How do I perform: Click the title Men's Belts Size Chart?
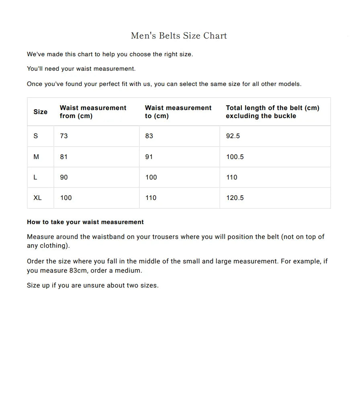tap(179, 36)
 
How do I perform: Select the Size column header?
tap(40, 112)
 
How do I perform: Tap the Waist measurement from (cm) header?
tap(93, 112)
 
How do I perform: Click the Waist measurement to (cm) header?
tap(178, 112)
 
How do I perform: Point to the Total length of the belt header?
tap(272, 112)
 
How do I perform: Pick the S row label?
tap(36, 136)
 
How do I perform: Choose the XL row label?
tap(37, 198)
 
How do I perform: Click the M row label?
tap(36, 157)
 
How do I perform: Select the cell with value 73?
tap(64, 136)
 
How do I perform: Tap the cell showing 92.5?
tap(233, 136)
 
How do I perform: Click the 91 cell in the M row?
tap(149, 157)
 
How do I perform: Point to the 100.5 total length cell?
tap(235, 157)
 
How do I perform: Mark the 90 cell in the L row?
tap(64, 177)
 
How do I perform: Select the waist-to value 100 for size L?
tap(151, 177)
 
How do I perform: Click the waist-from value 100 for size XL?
tap(66, 198)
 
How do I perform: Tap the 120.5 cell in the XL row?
tap(235, 198)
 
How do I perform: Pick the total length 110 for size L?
tap(232, 177)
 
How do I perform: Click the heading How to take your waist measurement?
tap(85, 222)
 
